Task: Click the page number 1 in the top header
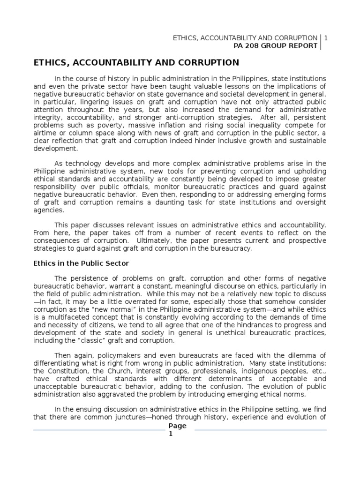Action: tap(325, 37)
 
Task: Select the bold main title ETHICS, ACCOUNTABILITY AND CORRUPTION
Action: tap(135, 63)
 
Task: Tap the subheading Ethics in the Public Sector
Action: tap(81, 263)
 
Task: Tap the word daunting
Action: tap(182, 202)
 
